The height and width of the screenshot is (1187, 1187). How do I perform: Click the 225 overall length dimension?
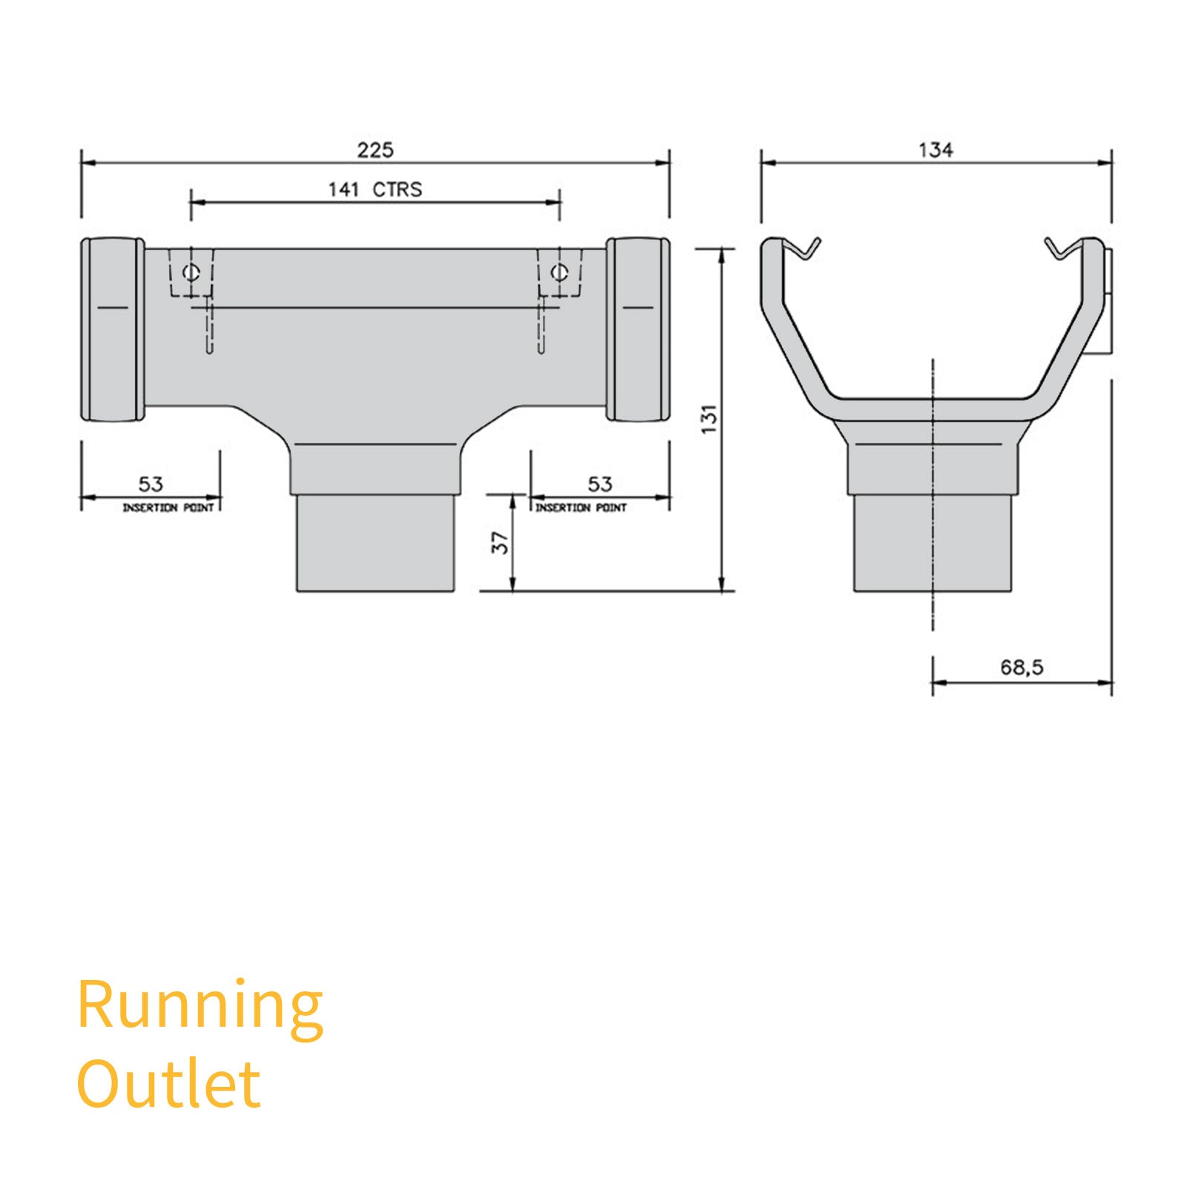coord(375,150)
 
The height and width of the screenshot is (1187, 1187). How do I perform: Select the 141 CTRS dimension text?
coord(375,190)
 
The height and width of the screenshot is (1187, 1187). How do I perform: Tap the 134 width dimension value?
coord(936,150)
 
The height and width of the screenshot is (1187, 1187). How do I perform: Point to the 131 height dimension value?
coord(709,419)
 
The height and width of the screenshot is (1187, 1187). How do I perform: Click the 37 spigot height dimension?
coord(500,543)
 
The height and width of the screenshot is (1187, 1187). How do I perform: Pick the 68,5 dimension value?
coord(1022,668)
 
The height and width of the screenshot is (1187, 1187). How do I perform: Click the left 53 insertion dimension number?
coord(151,484)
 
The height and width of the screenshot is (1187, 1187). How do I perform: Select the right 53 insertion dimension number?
coord(600,484)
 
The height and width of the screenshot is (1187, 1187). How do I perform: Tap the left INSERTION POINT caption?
coord(168,507)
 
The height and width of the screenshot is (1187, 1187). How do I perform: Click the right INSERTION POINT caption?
coord(581,507)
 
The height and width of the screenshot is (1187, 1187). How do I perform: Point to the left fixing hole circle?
coord(191,272)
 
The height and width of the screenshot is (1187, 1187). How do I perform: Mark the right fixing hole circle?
coord(559,272)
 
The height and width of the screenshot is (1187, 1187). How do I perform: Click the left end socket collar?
coord(113,329)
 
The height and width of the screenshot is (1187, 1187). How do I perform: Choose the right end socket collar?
coord(638,329)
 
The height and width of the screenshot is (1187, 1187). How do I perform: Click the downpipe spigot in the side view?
coord(375,543)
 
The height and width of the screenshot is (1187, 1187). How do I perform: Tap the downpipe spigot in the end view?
coord(933,543)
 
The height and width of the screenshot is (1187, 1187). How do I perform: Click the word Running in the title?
coord(200,1006)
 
